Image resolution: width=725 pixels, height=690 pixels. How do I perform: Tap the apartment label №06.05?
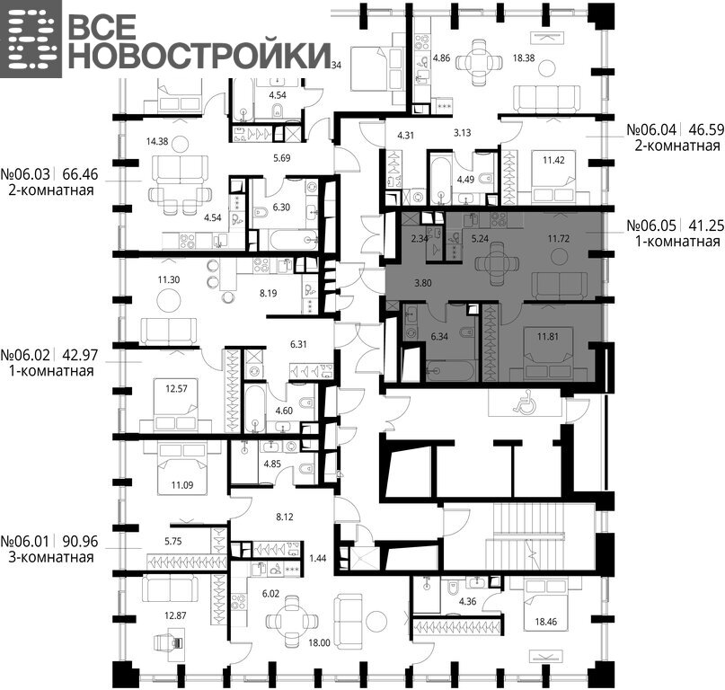tap(651, 226)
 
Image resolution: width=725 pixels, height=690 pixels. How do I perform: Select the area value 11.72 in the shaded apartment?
tap(559, 239)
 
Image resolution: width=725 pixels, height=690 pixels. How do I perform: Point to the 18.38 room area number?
tap(524, 58)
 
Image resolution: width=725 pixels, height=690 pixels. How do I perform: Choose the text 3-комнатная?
tap(51, 557)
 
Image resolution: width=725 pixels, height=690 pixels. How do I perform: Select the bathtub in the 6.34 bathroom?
tap(451, 371)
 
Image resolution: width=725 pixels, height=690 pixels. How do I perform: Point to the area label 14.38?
tap(156, 142)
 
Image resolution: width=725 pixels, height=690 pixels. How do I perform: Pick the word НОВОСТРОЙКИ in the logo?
tap(199, 56)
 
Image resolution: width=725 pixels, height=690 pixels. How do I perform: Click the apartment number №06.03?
tap(25, 174)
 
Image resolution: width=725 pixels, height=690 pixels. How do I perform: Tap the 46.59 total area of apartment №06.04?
tap(706, 129)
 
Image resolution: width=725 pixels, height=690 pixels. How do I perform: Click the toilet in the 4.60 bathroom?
tap(306, 403)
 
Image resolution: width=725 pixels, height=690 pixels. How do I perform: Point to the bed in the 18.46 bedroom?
tap(546, 605)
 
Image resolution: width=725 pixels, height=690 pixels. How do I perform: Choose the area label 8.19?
tap(269, 293)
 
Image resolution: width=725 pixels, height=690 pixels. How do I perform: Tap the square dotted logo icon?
tap(31, 39)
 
